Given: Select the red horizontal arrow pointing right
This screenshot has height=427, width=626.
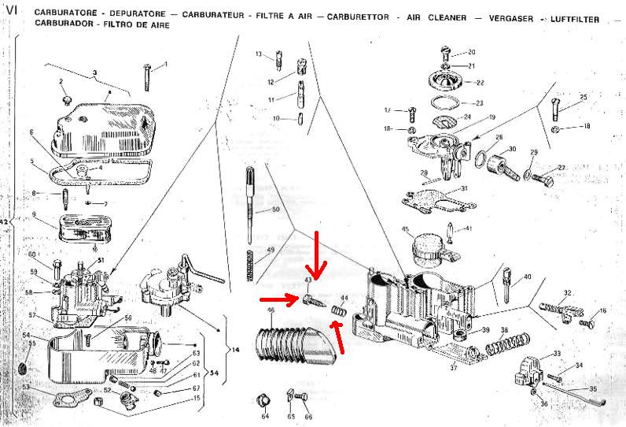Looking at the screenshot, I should point(278,299).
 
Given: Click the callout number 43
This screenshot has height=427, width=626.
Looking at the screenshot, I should point(308,280).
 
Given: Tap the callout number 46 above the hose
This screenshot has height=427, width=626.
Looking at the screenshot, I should point(271,310).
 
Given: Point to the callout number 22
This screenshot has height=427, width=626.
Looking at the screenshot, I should point(480,82).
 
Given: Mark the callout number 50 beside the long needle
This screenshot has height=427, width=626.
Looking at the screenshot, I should point(275,210).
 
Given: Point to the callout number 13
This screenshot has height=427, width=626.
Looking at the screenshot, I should point(258,54).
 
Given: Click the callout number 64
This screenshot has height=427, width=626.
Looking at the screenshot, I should point(265,416).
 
